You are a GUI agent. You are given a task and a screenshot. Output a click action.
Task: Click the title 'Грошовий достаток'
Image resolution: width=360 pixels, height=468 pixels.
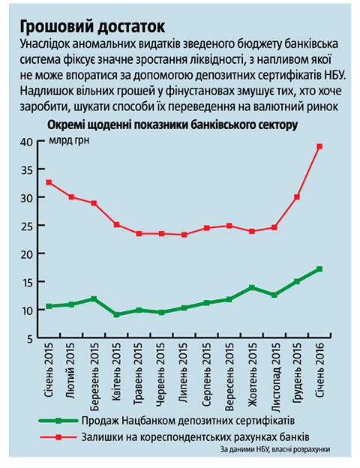click(x=92, y=27)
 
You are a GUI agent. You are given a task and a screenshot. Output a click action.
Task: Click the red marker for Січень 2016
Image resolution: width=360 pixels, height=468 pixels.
click(x=319, y=146)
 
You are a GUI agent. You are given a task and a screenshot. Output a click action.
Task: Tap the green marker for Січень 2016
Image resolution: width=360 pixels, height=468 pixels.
click(x=319, y=269)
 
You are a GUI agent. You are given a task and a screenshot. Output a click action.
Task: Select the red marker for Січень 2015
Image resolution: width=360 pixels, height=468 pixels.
click(x=49, y=182)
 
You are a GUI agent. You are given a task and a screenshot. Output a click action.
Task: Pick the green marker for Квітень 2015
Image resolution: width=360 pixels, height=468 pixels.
click(x=117, y=314)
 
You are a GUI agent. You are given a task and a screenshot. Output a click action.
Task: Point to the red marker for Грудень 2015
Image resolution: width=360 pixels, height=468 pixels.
click(x=297, y=197)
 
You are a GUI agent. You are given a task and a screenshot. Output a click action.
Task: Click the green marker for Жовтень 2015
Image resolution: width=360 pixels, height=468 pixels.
click(x=252, y=288)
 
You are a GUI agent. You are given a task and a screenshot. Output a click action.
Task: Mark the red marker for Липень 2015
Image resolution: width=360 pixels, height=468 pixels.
click(x=184, y=235)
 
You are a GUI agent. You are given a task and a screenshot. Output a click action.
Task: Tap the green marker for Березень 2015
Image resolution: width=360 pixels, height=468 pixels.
click(x=94, y=298)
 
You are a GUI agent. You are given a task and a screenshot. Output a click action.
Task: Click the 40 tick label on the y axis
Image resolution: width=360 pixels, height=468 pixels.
click(x=26, y=142)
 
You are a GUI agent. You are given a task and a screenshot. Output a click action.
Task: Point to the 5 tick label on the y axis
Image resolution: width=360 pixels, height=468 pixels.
click(x=30, y=339)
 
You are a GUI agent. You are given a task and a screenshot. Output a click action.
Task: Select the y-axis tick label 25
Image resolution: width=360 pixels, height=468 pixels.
click(x=26, y=226)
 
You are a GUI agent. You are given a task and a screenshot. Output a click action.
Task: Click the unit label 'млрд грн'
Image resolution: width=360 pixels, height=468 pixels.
click(x=69, y=140)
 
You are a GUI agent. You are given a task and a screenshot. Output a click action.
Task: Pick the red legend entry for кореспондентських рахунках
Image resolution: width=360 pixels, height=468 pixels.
click(x=175, y=437)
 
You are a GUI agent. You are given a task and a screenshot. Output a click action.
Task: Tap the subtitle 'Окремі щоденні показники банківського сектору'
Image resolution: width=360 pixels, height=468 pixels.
click(x=172, y=125)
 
